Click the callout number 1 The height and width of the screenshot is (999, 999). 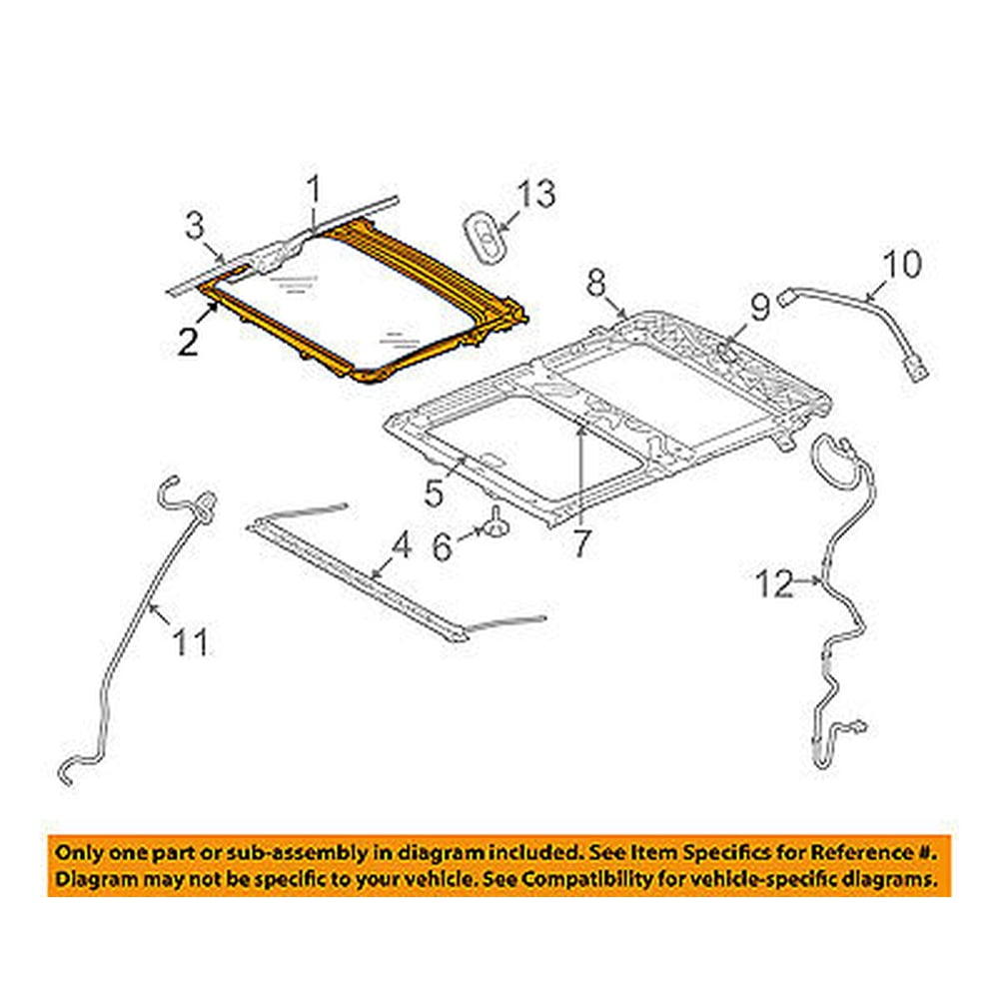click(313, 189)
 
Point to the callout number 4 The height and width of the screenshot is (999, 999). click(400, 545)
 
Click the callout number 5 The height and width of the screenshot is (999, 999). click(433, 493)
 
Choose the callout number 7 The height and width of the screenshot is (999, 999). click(581, 545)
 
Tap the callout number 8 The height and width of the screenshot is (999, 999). click(595, 283)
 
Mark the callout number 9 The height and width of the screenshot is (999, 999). click(760, 307)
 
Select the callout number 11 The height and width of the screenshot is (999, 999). click(190, 641)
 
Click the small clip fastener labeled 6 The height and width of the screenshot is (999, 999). click(496, 522)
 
